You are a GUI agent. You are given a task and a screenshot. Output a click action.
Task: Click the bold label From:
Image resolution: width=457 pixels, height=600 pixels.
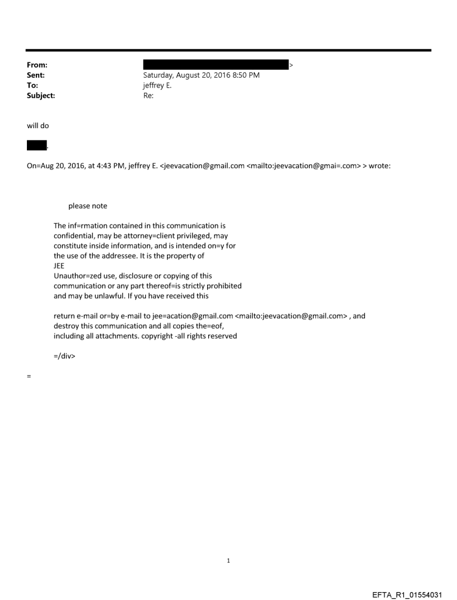pos(37,65)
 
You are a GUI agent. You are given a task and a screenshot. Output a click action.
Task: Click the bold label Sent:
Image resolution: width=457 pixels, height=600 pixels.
pos(36,75)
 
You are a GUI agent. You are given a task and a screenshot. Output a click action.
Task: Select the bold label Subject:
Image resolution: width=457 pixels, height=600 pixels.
pos(41,96)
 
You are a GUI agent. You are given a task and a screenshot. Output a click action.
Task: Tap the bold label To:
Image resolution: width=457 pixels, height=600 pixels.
pos(33,85)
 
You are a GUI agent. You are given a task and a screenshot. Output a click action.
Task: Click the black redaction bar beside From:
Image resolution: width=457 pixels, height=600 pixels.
pos(215,65)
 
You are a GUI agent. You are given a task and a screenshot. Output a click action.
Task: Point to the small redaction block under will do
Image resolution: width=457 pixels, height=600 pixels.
pos(36,146)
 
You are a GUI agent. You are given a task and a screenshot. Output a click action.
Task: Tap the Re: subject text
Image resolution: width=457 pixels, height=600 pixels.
pos(148,96)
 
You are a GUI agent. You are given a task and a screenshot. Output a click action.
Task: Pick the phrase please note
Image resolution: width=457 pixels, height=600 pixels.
pos(87,206)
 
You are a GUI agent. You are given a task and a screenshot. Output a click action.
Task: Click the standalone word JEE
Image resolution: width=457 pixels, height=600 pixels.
pos(59,266)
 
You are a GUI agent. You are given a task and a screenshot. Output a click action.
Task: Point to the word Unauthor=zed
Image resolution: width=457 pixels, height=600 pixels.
pos(77,276)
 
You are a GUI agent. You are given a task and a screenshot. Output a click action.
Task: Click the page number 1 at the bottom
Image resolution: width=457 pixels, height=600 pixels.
pos(228,560)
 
